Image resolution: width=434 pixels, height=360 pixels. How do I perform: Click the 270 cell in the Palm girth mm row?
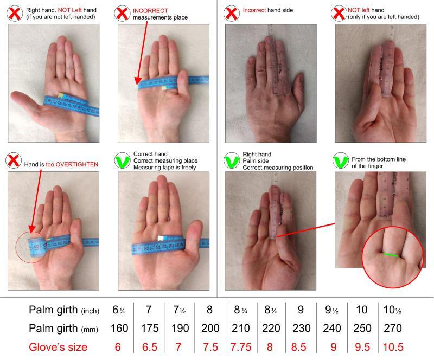[393, 328]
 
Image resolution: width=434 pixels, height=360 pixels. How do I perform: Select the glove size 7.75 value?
[241, 347]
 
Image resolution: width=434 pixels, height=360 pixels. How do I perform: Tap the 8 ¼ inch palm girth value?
[240, 310]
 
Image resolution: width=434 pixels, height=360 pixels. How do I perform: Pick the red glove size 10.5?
[393, 347]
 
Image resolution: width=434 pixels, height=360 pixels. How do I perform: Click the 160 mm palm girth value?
[119, 328]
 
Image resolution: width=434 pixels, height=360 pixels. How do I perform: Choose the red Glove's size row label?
[58, 347]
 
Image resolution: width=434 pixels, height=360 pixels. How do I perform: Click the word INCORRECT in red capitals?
[150, 11]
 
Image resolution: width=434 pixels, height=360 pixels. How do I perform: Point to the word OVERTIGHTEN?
[77, 164]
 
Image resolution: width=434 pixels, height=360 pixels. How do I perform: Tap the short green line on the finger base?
[391, 255]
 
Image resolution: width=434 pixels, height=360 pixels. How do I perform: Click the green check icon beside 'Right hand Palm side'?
[232, 160]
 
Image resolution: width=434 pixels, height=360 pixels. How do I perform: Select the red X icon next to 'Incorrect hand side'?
[232, 13]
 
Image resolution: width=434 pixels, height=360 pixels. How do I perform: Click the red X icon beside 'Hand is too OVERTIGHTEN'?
[14, 160]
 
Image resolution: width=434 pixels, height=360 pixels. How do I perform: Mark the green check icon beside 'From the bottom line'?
[341, 160]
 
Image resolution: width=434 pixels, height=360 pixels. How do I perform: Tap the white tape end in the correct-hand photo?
[161, 238]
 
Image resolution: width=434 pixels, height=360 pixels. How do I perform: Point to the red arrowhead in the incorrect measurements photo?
[138, 81]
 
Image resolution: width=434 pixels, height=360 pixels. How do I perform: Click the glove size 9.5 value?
[362, 347]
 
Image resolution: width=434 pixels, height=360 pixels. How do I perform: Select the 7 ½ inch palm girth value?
[180, 310]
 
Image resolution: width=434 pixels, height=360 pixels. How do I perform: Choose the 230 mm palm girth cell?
[302, 328]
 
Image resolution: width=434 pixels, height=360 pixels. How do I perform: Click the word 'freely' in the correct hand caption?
[189, 168]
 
